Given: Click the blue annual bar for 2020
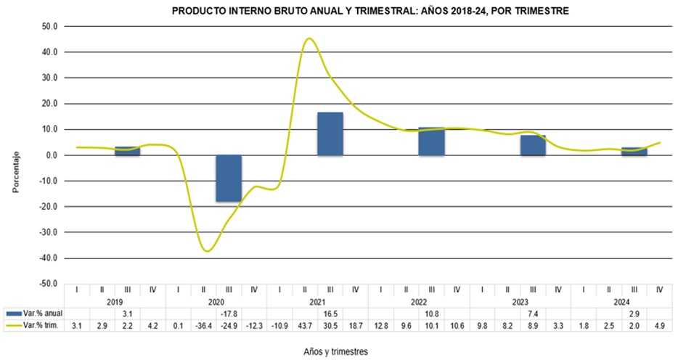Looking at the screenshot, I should tap(229, 178).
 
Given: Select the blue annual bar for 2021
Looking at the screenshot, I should tap(330, 134).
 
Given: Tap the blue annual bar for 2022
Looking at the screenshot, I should tap(431, 141).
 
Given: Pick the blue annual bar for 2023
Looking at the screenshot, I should tap(533, 145).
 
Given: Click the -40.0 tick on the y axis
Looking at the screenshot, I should tap(51, 258).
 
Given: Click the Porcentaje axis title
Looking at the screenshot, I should tap(15, 171).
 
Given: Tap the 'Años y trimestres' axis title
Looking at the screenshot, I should tap(335, 351).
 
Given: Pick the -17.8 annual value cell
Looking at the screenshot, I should tap(229, 312).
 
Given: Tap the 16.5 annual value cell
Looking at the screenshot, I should tap(330, 312).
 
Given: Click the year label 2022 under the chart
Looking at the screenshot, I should tap(419, 301).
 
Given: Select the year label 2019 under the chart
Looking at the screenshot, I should tap(115, 301).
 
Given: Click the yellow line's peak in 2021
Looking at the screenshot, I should tap(309, 38).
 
